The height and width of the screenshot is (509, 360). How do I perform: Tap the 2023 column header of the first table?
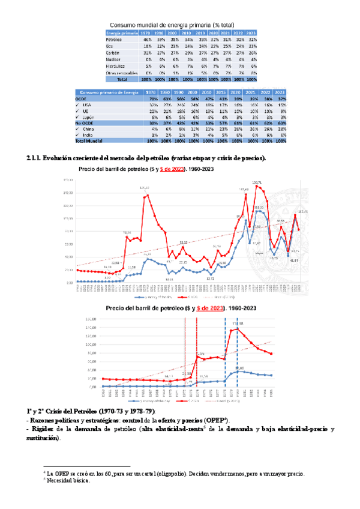[253, 32]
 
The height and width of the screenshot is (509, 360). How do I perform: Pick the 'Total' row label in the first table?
[122, 79]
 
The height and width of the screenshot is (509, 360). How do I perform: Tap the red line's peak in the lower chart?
[236, 328]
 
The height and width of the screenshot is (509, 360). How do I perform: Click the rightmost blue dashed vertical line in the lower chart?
[237, 354]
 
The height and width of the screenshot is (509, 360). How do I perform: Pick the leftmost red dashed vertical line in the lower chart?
[185, 354]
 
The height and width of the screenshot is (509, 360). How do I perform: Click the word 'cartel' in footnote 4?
[160, 474]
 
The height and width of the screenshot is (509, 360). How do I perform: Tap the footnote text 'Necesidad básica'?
[67, 480]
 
